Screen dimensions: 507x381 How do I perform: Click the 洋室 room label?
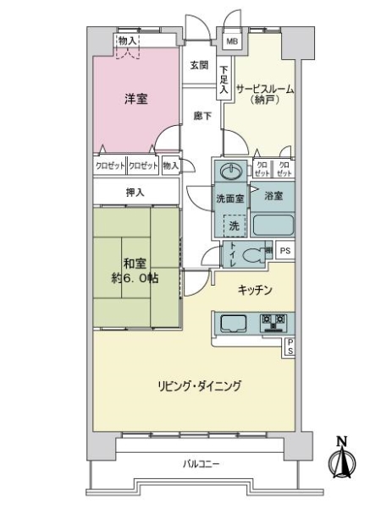[x=135, y=99]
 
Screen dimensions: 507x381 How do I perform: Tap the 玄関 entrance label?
[x=199, y=66]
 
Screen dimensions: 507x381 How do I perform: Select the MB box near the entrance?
[x=231, y=41]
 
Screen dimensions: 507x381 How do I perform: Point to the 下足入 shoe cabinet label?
[x=224, y=79]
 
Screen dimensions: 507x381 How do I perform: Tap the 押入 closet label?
[x=135, y=193]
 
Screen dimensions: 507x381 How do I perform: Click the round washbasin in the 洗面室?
[x=228, y=172]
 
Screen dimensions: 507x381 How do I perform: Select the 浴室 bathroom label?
[x=273, y=196]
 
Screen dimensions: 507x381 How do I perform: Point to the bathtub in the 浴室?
[x=273, y=225]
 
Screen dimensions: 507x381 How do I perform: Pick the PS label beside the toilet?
[x=285, y=251]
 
